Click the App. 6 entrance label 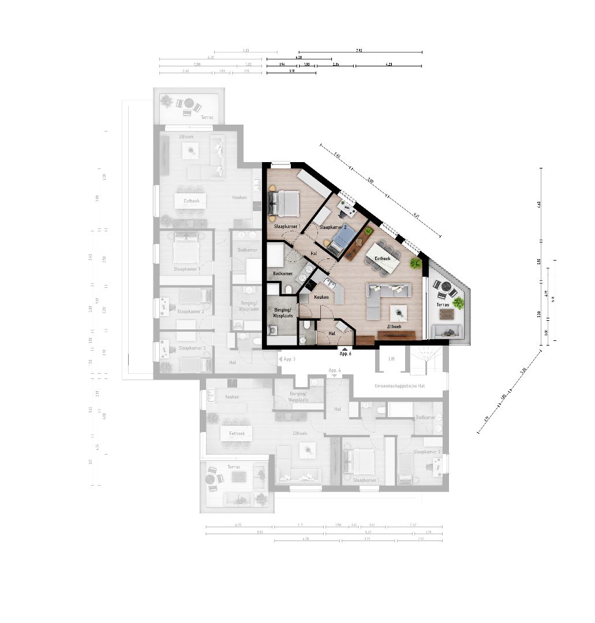(345, 353)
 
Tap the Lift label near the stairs (392, 359)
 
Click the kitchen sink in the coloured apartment (330, 284)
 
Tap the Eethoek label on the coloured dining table (382, 258)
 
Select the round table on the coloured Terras (446, 286)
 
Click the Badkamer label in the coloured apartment (283, 273)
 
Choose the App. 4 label (335, 370)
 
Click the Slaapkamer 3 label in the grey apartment (193, 348)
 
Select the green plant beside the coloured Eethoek (416, 263)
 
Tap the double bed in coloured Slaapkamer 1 (285, 203)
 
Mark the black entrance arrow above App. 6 (345, 348)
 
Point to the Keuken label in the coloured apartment (321, 297)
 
